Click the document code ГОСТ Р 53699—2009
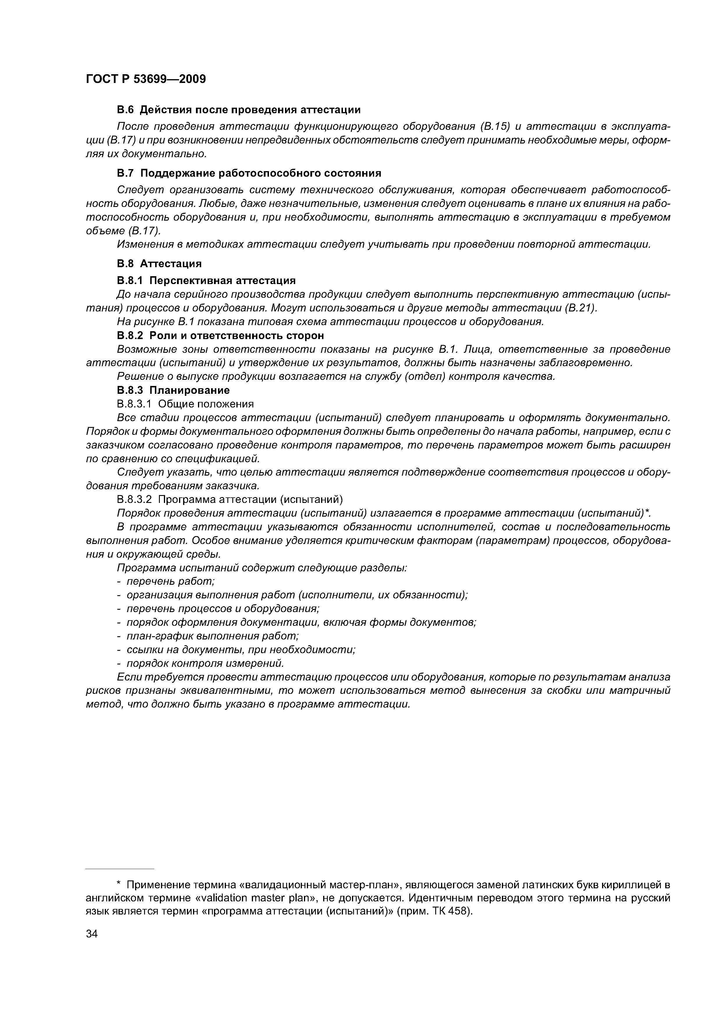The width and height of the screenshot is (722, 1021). pyautogui.click(x=146, y=79)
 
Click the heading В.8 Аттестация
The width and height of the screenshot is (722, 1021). pyautogui.click(x=159, y=264)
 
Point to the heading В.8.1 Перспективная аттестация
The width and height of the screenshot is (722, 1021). pyautogui.click(x=206, y=281)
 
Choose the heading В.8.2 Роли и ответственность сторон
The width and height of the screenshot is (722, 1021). pyautogui.click(x=220, y=335)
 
